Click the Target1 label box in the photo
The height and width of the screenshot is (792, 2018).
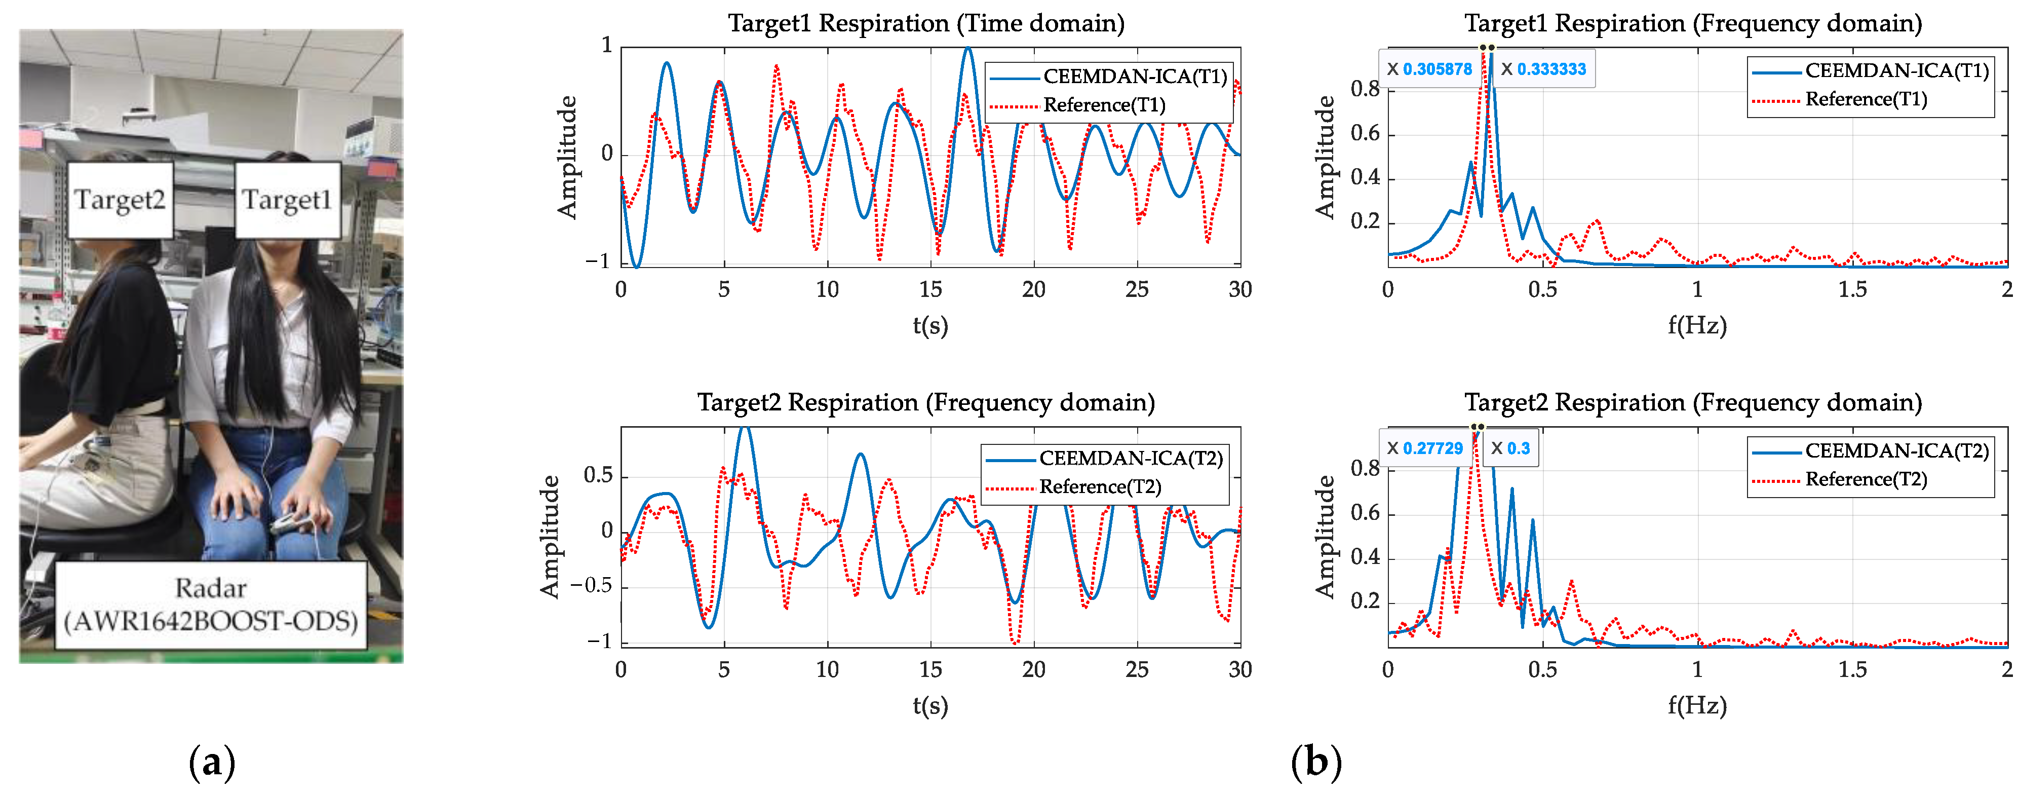coord(287,200)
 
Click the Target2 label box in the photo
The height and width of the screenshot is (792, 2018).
coord(120,200)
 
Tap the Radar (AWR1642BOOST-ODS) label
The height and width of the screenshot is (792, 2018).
coord(211,605)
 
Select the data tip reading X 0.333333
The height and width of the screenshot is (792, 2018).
coord(1543,69)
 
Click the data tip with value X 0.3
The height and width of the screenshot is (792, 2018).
coord(1510,448)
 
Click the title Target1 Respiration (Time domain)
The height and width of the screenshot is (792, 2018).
coord(926,23)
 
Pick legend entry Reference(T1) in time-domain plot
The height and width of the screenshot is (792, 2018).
coord(1104,105)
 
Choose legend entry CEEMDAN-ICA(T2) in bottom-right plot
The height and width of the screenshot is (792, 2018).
coord(1896,450)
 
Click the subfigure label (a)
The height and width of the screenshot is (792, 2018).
coord(212,762)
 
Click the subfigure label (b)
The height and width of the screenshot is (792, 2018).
coord(1315,762)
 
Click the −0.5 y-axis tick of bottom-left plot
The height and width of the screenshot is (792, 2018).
coord(592,586)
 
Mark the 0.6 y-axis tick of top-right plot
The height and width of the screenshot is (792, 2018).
coord(1365,133)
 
